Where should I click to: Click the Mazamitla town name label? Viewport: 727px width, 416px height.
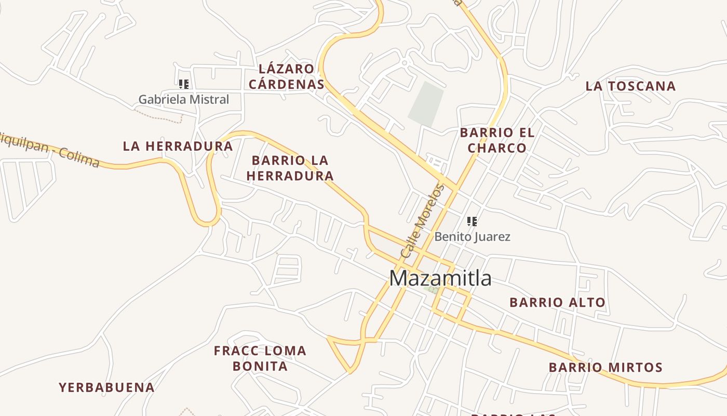click(440, 278)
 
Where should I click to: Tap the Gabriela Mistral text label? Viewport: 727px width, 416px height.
click(183, 99)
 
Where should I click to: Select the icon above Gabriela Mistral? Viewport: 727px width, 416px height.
click(183, 84)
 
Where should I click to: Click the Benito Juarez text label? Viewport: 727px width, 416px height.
click(472, 237)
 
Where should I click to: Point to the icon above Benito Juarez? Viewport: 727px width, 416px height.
click(472, 222)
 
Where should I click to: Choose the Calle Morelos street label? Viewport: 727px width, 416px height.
click(423, 221)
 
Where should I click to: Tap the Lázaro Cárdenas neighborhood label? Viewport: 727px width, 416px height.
click(286, 76)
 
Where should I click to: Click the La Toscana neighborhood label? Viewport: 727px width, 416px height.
click(630, 86)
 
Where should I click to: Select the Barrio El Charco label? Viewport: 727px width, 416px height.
click(497, 140)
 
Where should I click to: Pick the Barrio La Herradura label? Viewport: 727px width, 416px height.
click(290, 168)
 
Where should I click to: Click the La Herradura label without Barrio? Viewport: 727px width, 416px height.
click(178, 147)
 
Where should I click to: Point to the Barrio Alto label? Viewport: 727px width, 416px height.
click(557, 302)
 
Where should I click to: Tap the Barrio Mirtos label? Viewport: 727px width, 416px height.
click(605, 368)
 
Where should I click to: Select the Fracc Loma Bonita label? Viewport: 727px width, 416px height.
click(260, 358)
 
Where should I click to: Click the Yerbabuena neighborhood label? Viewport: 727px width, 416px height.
click(106, 387)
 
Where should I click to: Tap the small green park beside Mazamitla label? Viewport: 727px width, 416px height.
click(434, 290)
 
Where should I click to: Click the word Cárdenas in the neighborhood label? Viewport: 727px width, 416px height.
click(286, 84)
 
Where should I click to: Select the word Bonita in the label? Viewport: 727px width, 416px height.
click(260, 366)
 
